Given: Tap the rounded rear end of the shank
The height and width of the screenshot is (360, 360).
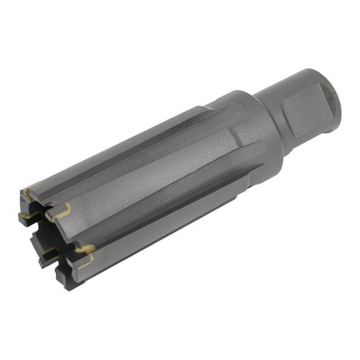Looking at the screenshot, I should (333, 90).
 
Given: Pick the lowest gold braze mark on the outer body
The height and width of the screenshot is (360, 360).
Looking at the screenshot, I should (86, 249).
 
